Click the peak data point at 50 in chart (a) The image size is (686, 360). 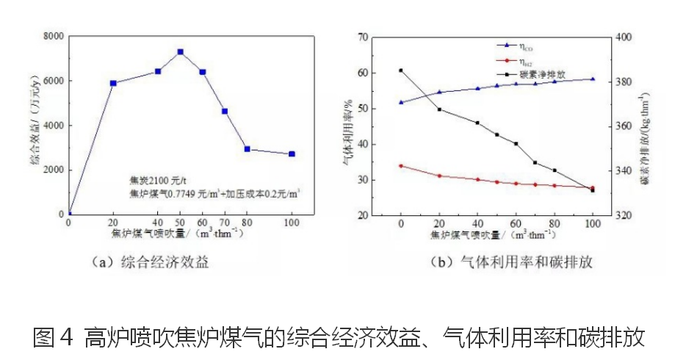(x=180, y=52)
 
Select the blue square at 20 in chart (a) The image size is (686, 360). (x=113, y=83)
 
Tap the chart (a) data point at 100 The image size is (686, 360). (x=292, y=154)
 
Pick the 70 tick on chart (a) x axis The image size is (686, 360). (x=225, y=223)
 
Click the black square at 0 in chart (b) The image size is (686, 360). (x=401, y=71)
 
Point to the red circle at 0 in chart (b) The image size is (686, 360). (x=401, y=166)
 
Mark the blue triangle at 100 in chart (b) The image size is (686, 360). (x=593, y=79)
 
